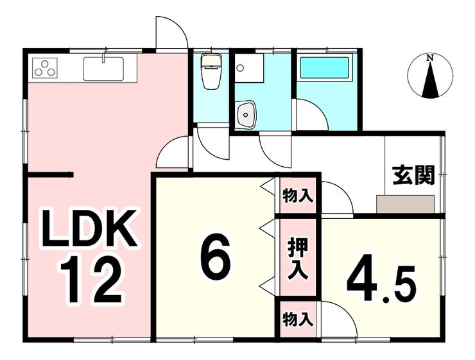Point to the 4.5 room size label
pos(383,280)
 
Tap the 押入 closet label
pos(297,257)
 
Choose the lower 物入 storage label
pos(298,317)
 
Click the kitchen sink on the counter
pos(103,67)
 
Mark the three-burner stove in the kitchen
pos(46,67)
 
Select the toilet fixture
pos(211,72)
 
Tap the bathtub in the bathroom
pos(325,67)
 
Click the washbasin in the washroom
pos(246,115)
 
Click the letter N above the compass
pos(430,58)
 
